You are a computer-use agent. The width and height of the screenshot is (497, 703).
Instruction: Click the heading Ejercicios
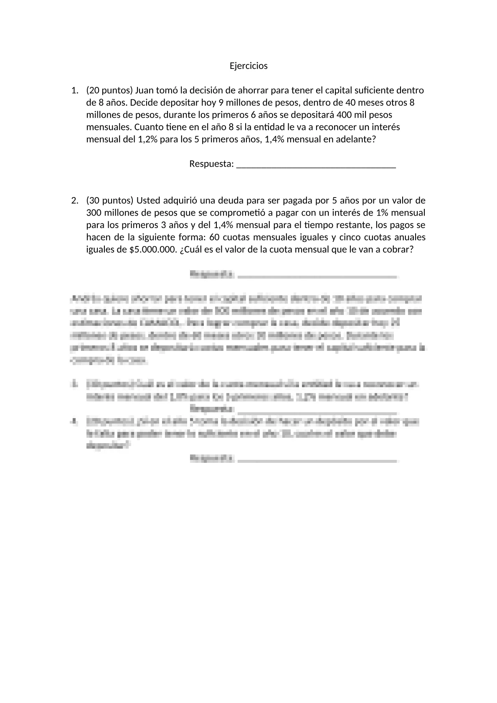click(x=248, y=66)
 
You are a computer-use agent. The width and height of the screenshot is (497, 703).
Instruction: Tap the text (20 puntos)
click(x=109, y=90)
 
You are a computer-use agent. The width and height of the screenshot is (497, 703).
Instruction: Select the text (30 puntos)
click(x=109, y=200)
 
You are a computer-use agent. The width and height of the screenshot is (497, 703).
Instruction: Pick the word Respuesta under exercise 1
click(x=211, y=164)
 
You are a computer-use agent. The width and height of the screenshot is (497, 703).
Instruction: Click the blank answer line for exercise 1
click(x=316, y=165)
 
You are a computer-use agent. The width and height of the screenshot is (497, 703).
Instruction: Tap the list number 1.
click(x=74, y=90)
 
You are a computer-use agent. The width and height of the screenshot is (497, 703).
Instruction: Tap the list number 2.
click(x=74, y=200)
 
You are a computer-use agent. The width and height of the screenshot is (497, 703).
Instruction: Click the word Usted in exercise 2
click(x=147, y=200)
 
